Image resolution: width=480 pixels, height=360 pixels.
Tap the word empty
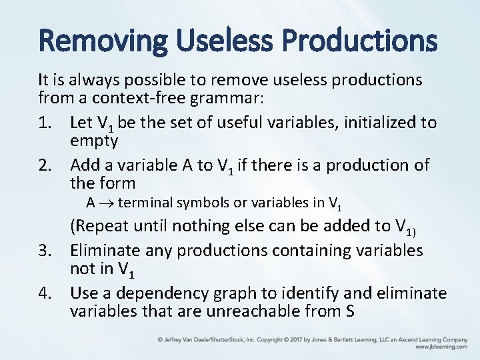coord(94,141)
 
